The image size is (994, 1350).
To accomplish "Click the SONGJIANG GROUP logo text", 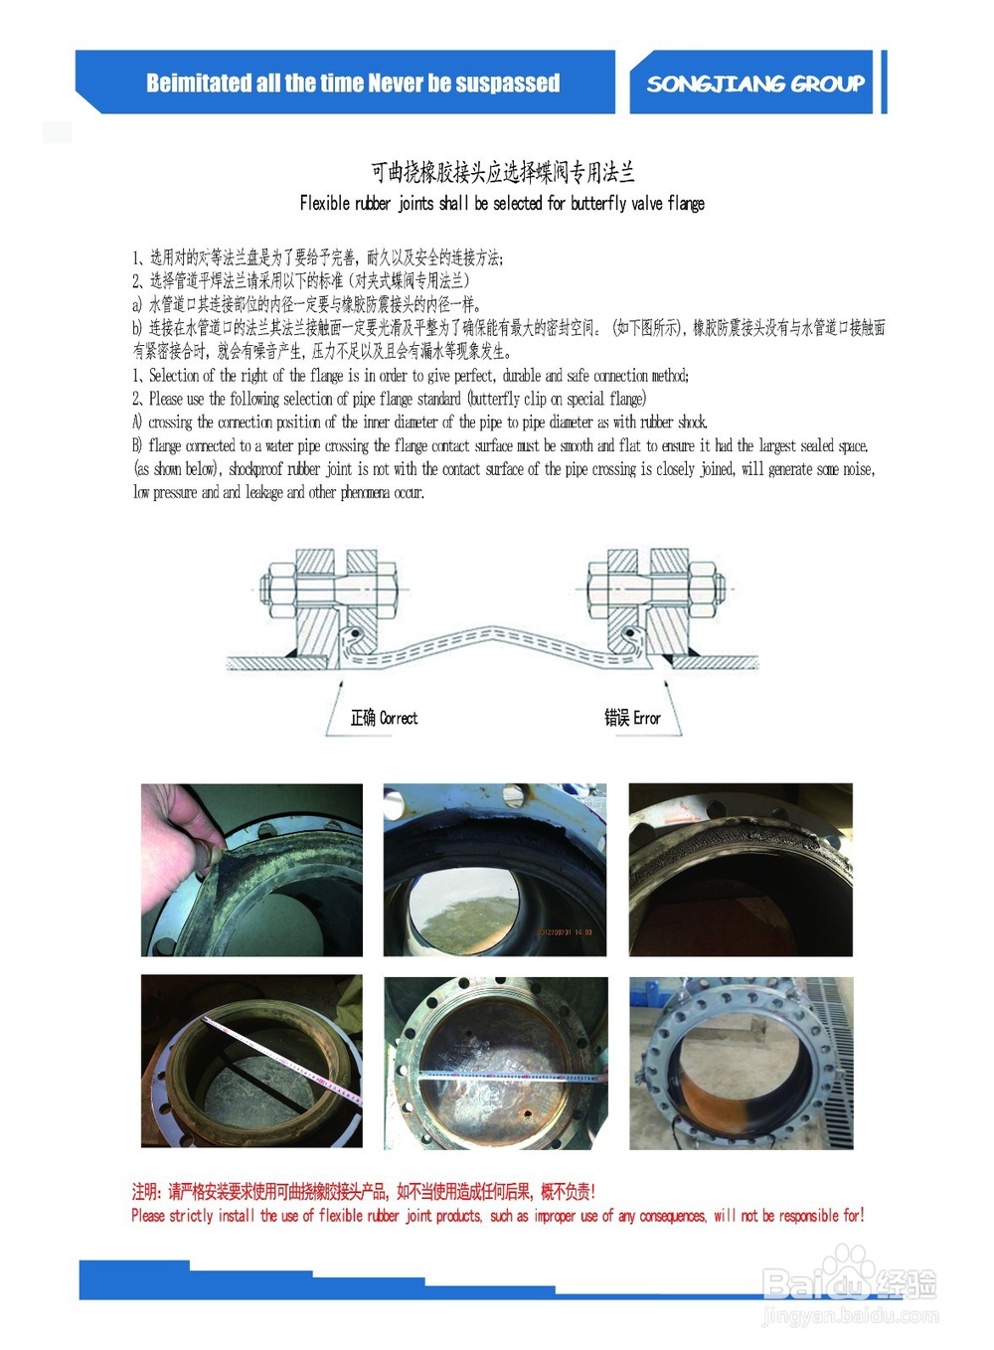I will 755,84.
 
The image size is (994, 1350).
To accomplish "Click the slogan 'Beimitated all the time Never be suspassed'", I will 353,83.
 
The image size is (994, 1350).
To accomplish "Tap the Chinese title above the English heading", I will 502,173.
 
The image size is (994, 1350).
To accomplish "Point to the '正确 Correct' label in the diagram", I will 384,718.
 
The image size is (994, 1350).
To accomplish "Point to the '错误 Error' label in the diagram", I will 632,718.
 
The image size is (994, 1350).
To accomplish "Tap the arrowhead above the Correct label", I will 341,684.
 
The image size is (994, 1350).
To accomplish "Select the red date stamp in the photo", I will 565,931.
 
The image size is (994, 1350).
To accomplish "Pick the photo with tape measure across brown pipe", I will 495,1062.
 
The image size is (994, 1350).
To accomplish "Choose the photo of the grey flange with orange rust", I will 741,1062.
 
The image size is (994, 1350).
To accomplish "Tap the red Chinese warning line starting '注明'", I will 363,1192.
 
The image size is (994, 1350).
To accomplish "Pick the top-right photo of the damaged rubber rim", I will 741,870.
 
